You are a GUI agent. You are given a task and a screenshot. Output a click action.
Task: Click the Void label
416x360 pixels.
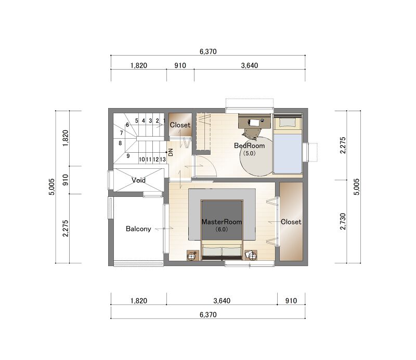(x=138, y=180)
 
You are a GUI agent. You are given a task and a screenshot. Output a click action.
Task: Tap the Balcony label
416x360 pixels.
(x=138, y=229)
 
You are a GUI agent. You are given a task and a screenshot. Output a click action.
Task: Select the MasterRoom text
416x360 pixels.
(x=222, y=222)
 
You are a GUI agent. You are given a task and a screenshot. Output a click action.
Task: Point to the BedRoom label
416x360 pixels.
(x=250, y=145)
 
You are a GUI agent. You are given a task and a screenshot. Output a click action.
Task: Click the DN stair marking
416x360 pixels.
(x=171, y=152)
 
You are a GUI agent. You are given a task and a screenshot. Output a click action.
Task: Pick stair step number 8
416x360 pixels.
(x=120, y=143)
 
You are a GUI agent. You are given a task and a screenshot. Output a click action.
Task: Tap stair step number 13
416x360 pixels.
(x=163, y=159)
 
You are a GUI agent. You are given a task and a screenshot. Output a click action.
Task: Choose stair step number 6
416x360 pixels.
(x=127, y=125)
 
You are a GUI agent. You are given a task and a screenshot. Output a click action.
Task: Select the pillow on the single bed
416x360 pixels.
(x=288, y=122)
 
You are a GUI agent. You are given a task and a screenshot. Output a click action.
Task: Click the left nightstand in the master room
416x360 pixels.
(x=193, y=256)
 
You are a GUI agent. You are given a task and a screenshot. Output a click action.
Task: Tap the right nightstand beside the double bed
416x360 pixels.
(x=251, y=256)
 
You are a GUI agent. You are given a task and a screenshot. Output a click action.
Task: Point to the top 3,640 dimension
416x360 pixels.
(x=250, y=65)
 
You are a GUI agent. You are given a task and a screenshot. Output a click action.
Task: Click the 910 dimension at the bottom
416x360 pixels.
(x=291, y=301)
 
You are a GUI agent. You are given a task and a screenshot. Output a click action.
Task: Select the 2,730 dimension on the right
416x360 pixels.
(x=343, y=221)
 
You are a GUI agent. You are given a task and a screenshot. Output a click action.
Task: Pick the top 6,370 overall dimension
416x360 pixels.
(x=208, y=51)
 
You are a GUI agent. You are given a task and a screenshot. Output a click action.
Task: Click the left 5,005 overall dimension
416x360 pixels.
(x=51, y=187)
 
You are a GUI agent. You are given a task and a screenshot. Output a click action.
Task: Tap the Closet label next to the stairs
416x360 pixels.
(x=180, y=125)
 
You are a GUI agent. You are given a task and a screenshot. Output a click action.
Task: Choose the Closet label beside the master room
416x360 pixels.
(x=291, y=222)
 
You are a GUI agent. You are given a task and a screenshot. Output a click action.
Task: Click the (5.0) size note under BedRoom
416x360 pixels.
(x=250, y=153)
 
